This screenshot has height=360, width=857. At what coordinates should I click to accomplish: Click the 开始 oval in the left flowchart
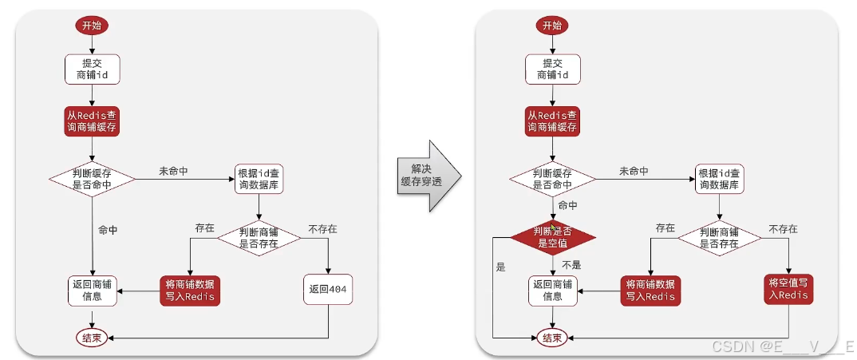pos(92,26)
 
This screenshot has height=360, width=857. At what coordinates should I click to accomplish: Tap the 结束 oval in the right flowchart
pos(552,338)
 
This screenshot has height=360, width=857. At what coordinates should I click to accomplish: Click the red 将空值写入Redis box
pos(789,288)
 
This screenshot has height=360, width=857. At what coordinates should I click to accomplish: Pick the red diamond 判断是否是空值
pos(553,236)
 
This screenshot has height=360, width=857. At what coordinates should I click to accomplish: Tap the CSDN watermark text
pos(782,346)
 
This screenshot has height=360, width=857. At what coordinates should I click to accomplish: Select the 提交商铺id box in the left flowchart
pos(92,69)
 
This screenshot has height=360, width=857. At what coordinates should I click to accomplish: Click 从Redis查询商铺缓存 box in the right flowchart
pos(552,121)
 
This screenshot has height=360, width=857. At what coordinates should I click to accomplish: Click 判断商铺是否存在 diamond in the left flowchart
pos(259,237)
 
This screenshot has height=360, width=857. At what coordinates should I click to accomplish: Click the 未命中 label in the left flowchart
pos(173,171)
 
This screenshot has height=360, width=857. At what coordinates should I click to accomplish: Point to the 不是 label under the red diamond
pos(571,264)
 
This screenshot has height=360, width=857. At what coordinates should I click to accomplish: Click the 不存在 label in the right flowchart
pos(782,229)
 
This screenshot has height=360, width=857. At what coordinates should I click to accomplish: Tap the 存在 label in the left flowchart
pos(205,228)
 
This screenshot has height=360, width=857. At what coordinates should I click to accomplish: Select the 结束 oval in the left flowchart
pos(92,338)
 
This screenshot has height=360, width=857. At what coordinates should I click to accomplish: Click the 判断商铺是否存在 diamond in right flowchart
pos(718,237)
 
